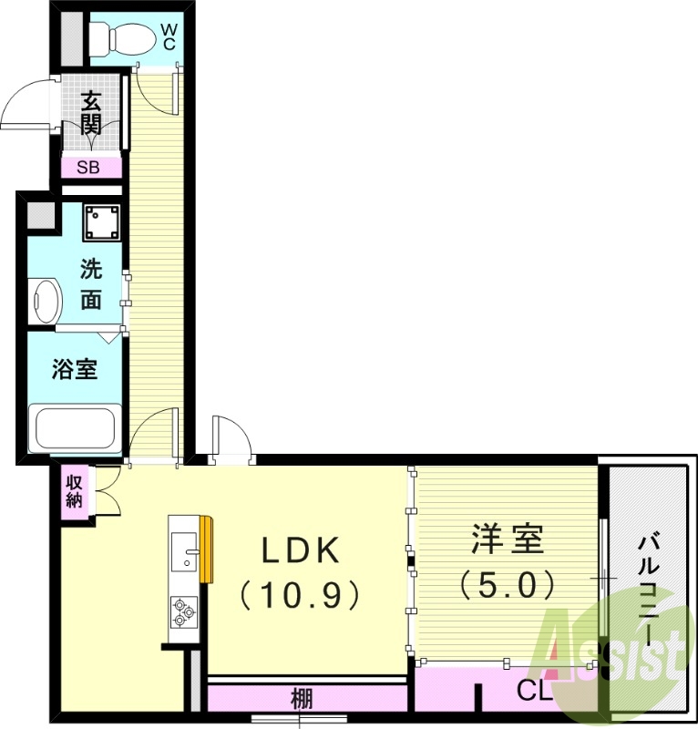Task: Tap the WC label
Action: (169, 36)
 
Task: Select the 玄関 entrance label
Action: (89, 113)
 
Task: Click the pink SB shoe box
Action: (90, 167)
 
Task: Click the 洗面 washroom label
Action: (90, 284)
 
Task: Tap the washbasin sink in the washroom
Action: (46, 300)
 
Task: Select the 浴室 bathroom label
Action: (75, 369)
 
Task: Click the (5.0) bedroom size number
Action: (507, 582)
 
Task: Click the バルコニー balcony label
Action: (649, 590)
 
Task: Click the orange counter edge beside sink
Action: (207, 549)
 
